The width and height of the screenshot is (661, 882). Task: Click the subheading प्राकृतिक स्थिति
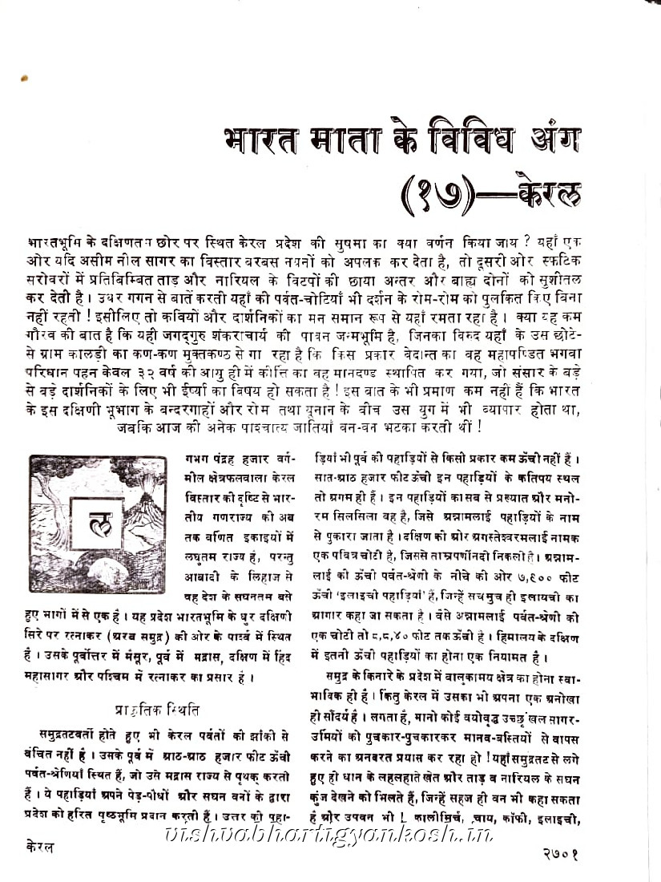click(159, 710)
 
